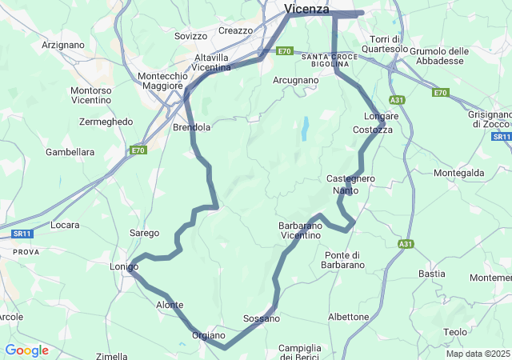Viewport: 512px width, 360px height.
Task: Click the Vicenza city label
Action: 306,8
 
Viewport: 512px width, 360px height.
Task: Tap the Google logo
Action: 26,350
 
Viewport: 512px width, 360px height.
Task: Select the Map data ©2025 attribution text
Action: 478,354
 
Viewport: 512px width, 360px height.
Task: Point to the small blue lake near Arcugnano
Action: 305,128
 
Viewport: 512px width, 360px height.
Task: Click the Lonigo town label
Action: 125,266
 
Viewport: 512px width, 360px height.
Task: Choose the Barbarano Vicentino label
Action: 300,231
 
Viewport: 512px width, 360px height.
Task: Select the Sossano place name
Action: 262,318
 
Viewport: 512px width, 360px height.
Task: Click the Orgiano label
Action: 209,335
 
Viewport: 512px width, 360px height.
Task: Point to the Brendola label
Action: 192,127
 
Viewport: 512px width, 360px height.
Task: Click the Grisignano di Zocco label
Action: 490,118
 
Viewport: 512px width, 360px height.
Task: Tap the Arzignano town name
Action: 62,45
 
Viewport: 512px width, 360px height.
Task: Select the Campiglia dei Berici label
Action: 300,352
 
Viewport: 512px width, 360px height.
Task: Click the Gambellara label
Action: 70,151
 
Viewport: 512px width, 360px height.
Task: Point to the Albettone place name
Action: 349,317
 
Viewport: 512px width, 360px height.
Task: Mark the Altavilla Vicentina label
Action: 213,62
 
